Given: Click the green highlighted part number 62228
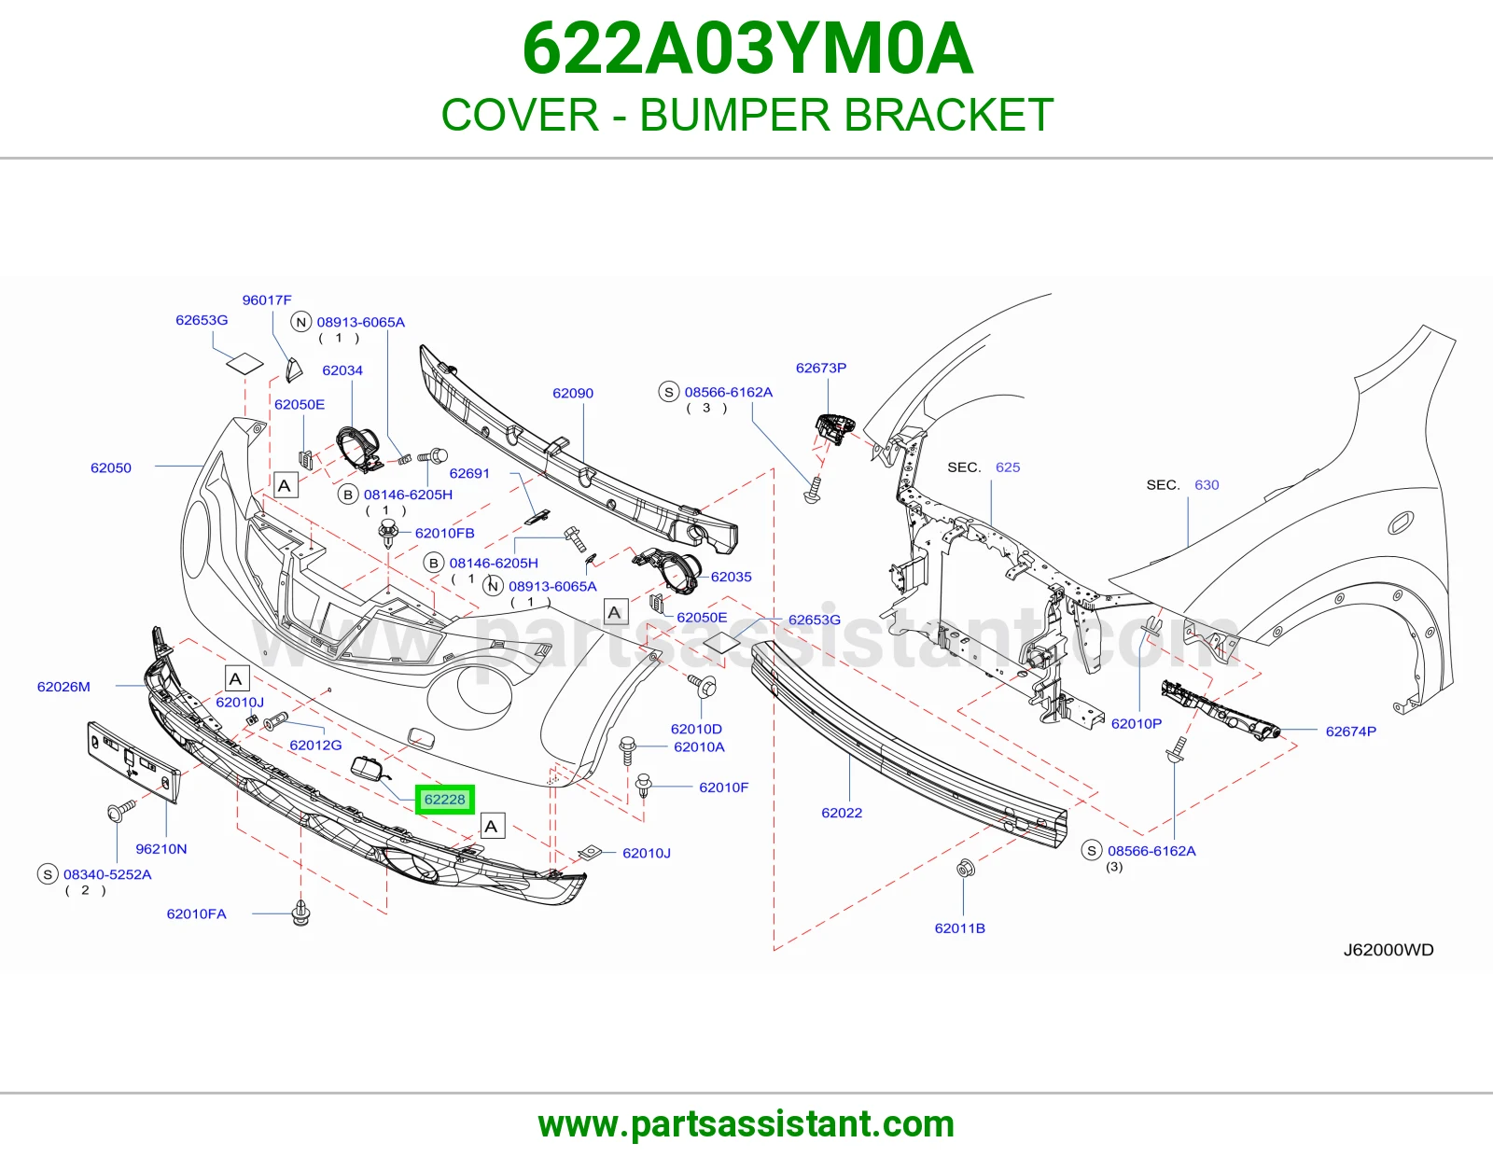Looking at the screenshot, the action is [x=444, y=799].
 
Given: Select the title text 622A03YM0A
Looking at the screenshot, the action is [x=746, y=49].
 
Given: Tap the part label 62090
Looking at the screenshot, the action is [x=573, y=393].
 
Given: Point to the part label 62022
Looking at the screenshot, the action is [x=842, y=813].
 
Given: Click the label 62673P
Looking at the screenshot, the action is [x=821, y=368].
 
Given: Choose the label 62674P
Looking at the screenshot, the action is [x=1351, y=731].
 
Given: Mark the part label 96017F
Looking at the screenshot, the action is [x=267, y=300].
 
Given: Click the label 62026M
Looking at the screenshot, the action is [x=63, y=687].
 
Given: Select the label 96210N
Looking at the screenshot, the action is [x=160, y=848].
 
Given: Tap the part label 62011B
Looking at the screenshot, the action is [x=960, y=928].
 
